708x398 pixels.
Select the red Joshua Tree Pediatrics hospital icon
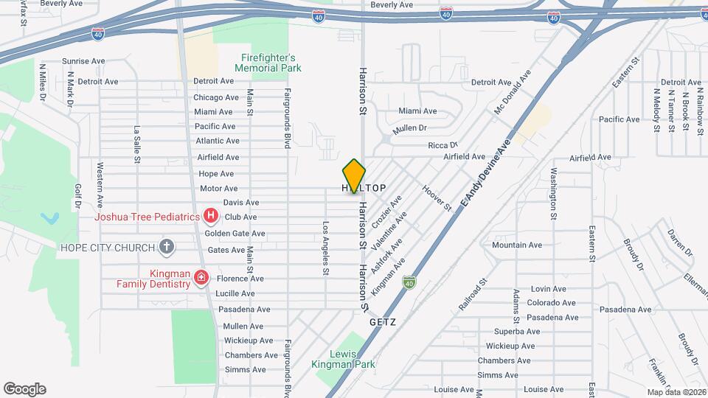click(211, 217)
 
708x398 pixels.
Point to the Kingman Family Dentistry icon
click(201, 279)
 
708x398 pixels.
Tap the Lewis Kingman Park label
click(353, 358)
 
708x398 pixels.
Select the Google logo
click(24, 388)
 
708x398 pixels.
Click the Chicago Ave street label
click(216, 97)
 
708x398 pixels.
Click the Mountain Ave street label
click(516, 245)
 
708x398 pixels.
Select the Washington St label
click(553, 194)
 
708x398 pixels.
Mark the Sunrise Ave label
click(86, 61)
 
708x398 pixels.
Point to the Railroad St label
click(473, 293)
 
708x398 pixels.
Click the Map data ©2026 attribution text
click(676, 392)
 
